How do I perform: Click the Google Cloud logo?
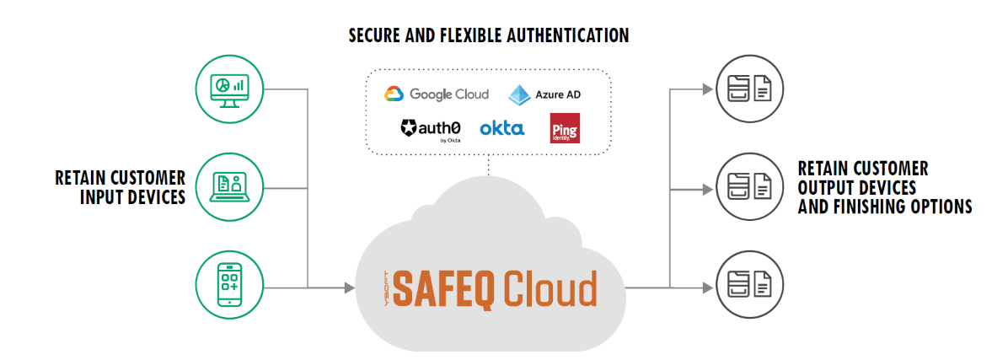436,94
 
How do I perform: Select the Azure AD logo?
544,94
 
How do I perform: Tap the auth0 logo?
431,129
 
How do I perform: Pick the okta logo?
501,128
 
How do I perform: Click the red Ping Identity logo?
564,128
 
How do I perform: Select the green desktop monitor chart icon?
228,86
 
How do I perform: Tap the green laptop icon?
228,185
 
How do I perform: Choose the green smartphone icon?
228,284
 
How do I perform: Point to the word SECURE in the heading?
377,35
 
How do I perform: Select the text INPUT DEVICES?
132,197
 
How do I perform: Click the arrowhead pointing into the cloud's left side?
348,287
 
